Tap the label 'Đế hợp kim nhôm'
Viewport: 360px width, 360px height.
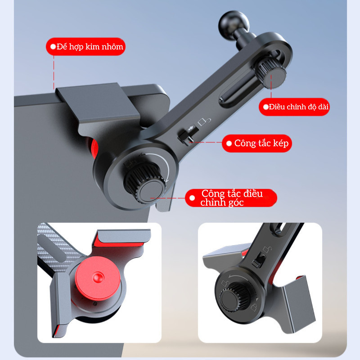coord(90,47)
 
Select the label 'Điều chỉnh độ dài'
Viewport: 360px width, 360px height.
coord(299,107)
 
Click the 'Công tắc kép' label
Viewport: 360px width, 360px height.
coord(261,143)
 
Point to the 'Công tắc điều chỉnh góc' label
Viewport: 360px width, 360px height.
coord(232,198)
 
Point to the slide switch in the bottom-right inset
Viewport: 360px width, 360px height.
coord(259,260)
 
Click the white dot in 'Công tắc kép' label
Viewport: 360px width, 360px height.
coord(229,144)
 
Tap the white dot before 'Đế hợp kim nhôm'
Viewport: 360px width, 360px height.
coord(53,47)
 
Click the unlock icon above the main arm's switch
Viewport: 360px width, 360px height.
coord(204,121)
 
